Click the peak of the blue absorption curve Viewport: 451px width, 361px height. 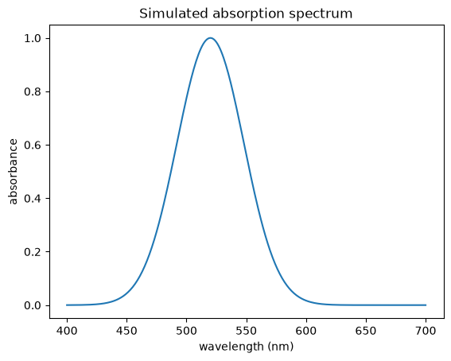click(x=211, y=38)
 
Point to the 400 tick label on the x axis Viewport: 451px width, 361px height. click(x=67, y=331)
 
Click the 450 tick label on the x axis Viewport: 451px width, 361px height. click(x=126, y=331)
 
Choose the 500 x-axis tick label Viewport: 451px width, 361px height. click(x=186, y=331)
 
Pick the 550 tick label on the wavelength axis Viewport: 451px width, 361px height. click(x=247, y=331)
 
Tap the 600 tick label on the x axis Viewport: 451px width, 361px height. click(x=306, y=331)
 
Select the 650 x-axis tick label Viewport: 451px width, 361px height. click(x=366, y=331)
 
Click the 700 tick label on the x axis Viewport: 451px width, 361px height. click(x=426, y=331)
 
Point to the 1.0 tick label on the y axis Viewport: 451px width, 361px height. click(x=33, y=38)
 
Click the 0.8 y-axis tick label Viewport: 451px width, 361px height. click(x=33, y=92)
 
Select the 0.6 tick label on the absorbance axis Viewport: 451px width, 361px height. click(x=33, y=146)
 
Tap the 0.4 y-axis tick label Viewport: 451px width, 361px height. click(x=33, y=199)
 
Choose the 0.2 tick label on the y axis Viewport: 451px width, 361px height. click(x=33, y=252)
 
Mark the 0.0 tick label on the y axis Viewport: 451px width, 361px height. click(x=33, y=305)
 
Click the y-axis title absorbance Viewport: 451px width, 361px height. click(x=14, y=172)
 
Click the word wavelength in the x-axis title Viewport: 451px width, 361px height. click(x=231, y=347)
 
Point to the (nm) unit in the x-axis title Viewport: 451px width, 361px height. click(x=281, y=347)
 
